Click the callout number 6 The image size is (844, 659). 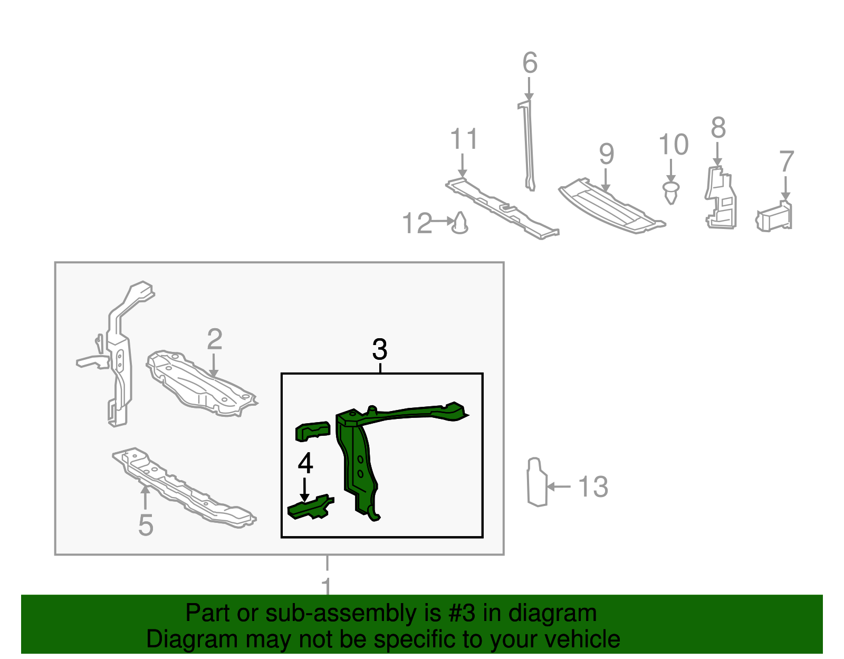click(530, 63)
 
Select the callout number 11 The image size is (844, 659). click(464, 140)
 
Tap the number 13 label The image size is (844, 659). click(593, 486)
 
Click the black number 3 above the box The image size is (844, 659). click(380, 349)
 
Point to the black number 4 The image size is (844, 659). click(305, 463)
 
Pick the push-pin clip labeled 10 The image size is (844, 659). click(670, 193)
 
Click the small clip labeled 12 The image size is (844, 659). click(460, 224)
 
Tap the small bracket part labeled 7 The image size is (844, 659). click(775, 217)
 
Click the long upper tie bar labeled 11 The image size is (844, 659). click(501, 208)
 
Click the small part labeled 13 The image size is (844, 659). click(536, 483)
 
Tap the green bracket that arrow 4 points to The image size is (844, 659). click(310, 508)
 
